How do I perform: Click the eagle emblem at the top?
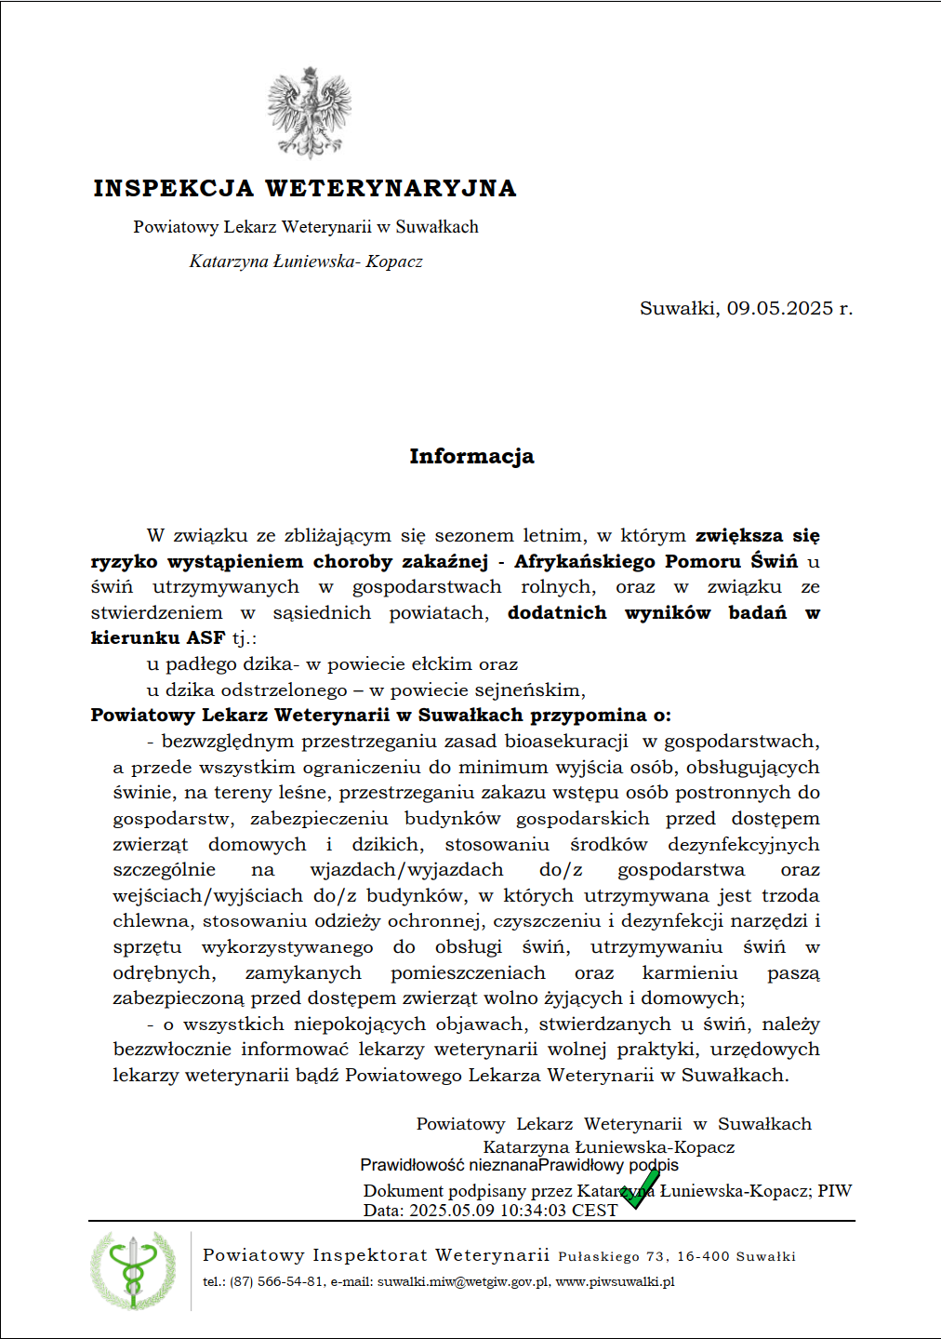(x=310, y=113)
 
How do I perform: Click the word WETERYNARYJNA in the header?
(x=391, y=188)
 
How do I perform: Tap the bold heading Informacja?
(x=471, y=456)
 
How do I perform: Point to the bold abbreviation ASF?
(x=205, y=638)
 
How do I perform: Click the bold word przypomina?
(x=588, y=716)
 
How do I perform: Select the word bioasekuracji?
(x=566, y=742)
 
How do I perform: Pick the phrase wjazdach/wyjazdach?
(x=406, y=870)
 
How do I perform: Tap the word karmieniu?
(x=690, y=973)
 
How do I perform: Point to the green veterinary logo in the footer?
(x=133, y=1271)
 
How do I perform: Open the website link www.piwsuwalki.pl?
(x=615, y=1282)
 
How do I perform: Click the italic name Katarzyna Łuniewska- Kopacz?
(x=306, y=261)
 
